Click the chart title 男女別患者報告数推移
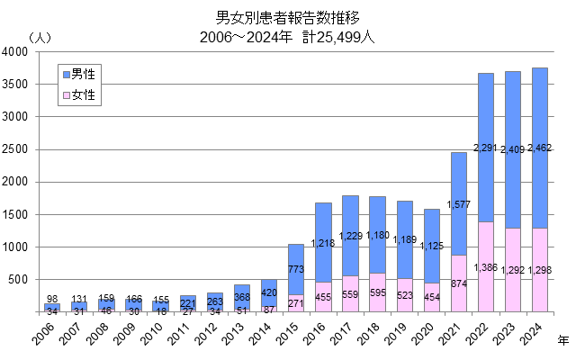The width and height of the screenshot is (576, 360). pos(287,17)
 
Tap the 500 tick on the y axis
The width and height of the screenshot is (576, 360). pos(22,280)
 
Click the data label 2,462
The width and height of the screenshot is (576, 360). pos(538,147)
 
